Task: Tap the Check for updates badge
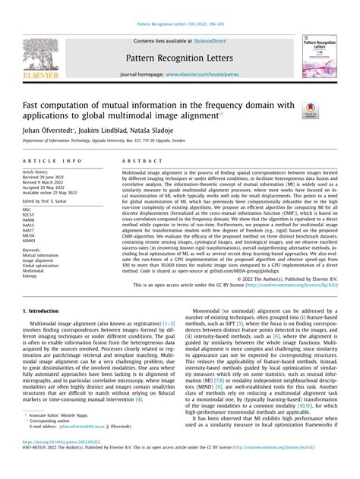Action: coord(309,110)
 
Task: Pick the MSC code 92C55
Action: coord(31,214)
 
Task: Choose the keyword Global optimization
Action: coord(42,262)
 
